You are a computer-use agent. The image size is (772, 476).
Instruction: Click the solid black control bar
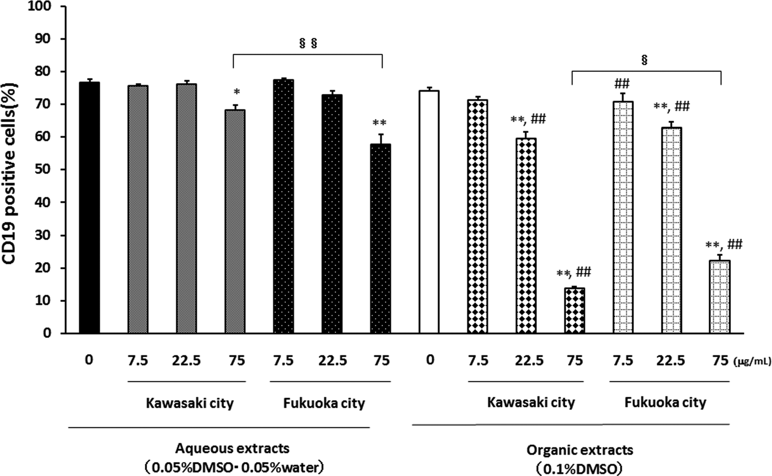pyautogui.click(x=89, y=207)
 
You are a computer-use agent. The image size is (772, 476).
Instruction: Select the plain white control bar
pyautogui.click(x=429, y=212)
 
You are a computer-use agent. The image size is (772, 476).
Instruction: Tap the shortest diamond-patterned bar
pyautogui.click(x=575, y=311)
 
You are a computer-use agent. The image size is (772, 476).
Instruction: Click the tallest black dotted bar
pyautogui.click(x=283, y=206)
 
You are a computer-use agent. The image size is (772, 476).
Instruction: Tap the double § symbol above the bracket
pyautogui.click(x=308, y=44)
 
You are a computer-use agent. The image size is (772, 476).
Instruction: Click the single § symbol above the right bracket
pyautogui.click(x=644, y=60)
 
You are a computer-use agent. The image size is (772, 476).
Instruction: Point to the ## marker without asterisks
pyautogui.click(x=622, y=84)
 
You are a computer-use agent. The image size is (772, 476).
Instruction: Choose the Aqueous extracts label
pyautogui.click(x=232, y=448)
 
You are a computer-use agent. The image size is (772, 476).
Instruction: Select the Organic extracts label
pyautogui.click(x=579, y=450)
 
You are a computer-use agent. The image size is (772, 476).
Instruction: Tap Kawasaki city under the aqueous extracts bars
pyautogui.click(x=190, y=403)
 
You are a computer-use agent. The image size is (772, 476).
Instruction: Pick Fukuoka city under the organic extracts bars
pyautogui.click(x=666, y=403)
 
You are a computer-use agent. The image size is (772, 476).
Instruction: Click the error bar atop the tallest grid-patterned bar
pyautogui.click(x=623, y=97)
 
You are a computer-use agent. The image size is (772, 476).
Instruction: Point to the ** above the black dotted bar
pyautogui.click(x=380, y=123)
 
